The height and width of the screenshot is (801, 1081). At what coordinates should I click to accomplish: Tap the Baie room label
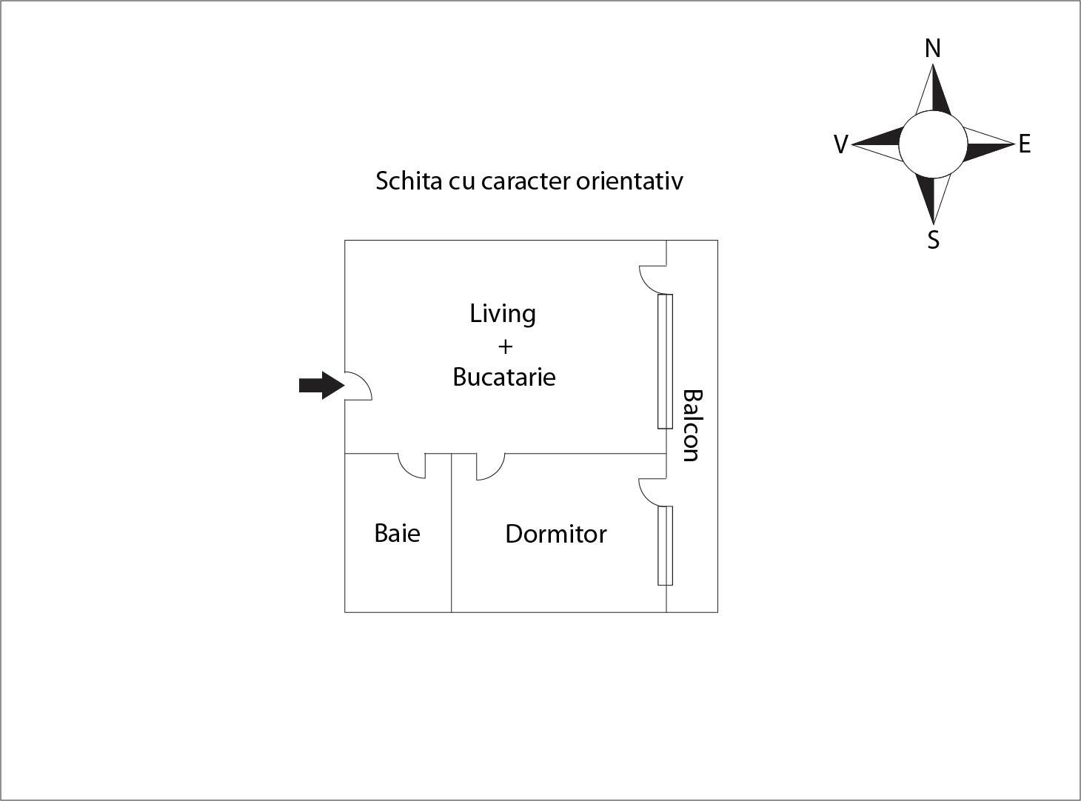point(397,533)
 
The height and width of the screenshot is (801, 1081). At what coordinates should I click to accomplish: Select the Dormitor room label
point(555,534)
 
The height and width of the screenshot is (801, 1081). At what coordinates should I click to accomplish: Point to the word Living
point(503,314)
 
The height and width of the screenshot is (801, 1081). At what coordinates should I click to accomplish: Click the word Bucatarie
point(503,377)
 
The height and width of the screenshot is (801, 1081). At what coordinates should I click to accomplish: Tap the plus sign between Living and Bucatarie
point(505,346)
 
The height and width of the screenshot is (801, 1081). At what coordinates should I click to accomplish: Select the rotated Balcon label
point(690,425)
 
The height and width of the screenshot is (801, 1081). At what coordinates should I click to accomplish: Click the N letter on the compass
point(933,49)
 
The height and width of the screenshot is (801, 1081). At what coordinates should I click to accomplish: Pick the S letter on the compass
point(934,240)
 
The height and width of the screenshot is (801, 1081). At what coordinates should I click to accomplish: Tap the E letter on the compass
point(1025,144)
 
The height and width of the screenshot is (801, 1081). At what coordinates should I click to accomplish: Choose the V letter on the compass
point(840,144)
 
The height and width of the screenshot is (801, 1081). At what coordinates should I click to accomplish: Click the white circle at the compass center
point(933,144)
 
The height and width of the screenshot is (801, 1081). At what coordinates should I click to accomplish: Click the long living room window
point(665,361)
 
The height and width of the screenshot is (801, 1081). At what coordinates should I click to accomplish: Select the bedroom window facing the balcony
point(665,546)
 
